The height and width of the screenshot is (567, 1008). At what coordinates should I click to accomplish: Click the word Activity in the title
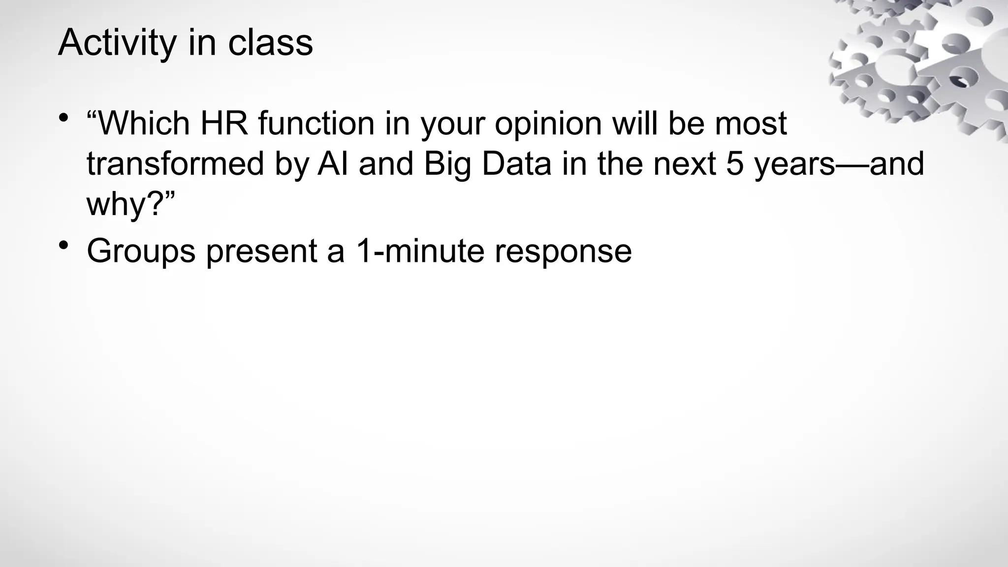pyautogui.click(x=117, y=43)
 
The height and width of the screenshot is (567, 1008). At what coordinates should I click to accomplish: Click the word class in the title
pyautogui.click(x=270, y=43)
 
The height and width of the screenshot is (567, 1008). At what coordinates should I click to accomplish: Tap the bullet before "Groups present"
pyautogui.click(x=63, y=245)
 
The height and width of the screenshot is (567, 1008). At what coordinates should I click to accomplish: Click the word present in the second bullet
pyautogui.click(x=261, y=251)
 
